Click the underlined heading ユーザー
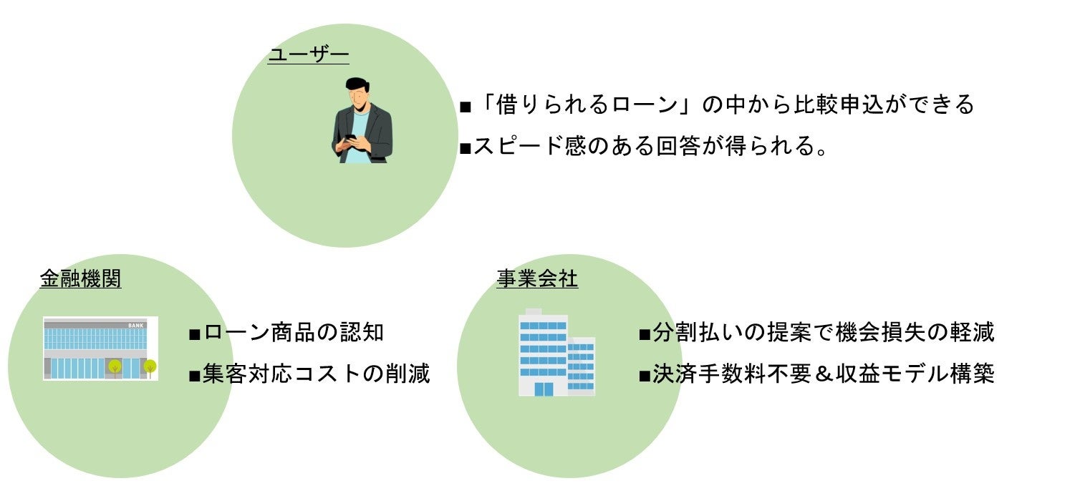click(308, 55)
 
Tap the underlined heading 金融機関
click(80, 278)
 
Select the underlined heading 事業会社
click(537, 278)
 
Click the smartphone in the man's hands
click(351, 137)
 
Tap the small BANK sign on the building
click(135, 326)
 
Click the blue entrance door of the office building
click(544, 389)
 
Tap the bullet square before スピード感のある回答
click(464, 148)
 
